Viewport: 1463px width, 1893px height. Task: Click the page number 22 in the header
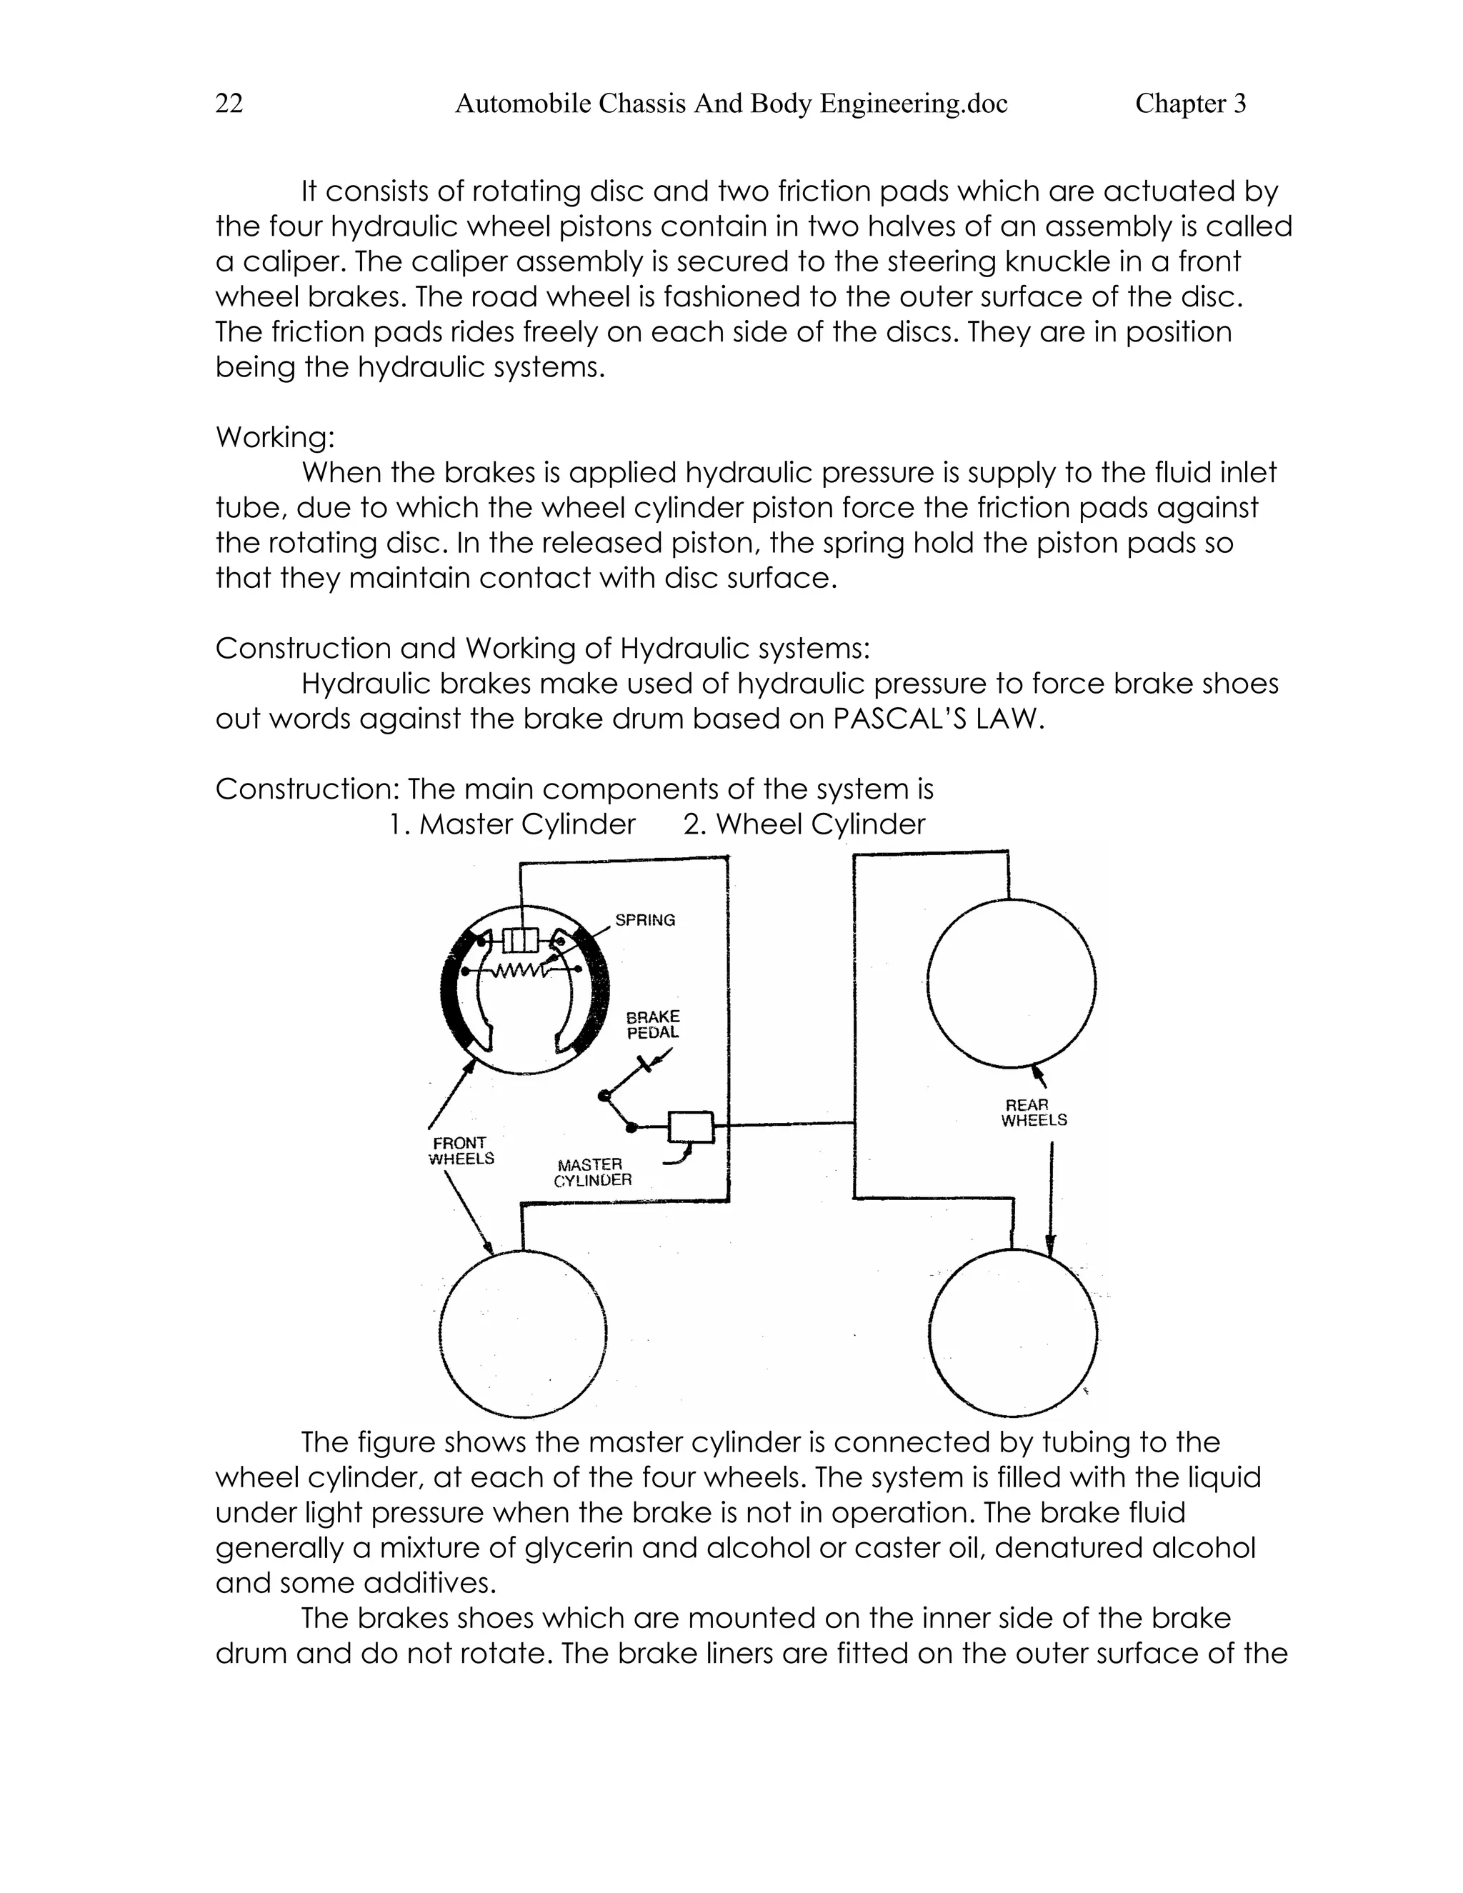coord(229,104)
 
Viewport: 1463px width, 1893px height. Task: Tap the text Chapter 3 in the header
coord(1190,104)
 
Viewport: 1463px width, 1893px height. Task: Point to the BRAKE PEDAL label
coord(654,1024)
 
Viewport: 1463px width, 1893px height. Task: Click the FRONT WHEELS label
coord(461,1151)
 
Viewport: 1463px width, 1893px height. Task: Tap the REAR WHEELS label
coord(1033,1112)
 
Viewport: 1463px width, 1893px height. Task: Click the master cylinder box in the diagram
coord(691,1127)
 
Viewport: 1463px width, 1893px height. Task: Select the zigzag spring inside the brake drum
coord(519,971)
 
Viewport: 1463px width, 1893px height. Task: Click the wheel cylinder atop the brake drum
coord(521,939)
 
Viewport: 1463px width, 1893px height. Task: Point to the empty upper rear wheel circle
coord(1011,983)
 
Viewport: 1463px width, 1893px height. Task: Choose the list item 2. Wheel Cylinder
coord(804,824)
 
